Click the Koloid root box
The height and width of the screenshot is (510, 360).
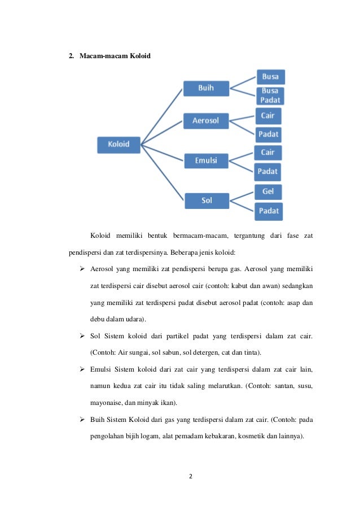click(118, 144)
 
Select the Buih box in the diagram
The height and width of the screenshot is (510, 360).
click(205, 89)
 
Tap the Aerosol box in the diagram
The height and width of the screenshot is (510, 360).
click(205, 121)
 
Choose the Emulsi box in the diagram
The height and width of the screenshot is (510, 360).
click(206, 161)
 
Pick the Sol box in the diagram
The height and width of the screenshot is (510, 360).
click(207, 200)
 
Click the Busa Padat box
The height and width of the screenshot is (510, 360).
click(270, 96)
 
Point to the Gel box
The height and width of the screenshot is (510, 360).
click(268, 192)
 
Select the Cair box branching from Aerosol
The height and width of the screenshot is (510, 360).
click(267, 115)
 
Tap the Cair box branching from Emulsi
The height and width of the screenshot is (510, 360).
click(267, 152)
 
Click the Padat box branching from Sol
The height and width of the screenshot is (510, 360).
click(269, 211)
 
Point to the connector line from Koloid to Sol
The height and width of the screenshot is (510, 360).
click(162, 171)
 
